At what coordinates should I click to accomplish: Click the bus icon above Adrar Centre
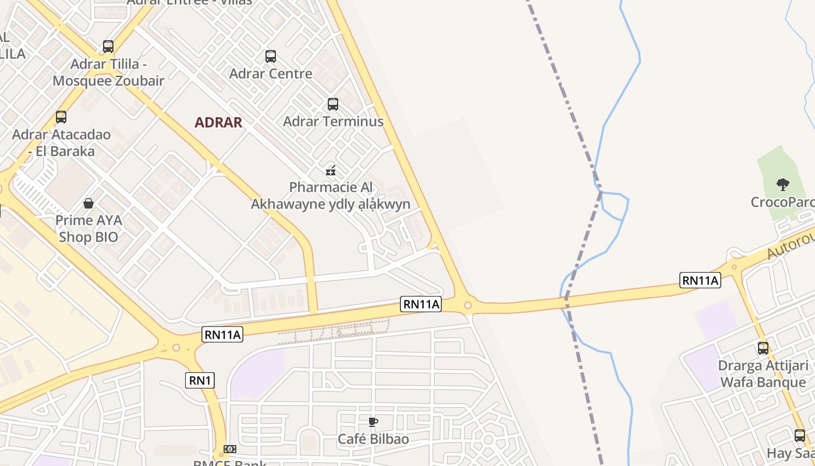click(271, 57)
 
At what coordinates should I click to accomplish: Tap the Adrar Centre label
click(271, 74)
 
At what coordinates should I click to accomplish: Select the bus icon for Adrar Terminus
click(333, 104)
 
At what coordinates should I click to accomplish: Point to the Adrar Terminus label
click(333, 121)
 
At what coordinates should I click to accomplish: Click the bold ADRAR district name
click(218, 122)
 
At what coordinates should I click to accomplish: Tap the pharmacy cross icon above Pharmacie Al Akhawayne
click(331, 171)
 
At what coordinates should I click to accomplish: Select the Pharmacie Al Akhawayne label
click(331, 196)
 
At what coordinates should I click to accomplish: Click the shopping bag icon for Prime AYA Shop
click(88, 203)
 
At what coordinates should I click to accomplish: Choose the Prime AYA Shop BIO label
click(88, 228)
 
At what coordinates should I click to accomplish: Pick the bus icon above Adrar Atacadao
click(61, 117)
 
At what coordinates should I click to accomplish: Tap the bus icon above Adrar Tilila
click(108, 47)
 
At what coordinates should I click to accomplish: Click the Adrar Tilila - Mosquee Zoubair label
click(108, 72)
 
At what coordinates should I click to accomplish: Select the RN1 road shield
click(200, 380)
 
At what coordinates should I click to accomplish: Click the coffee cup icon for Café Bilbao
click(373, 422)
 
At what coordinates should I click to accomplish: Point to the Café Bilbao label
click(373, 439)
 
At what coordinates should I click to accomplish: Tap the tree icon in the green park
click(783, 185)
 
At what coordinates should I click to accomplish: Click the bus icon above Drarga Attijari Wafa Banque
click(763, 348)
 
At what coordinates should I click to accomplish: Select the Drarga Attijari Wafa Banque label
click(763, 374)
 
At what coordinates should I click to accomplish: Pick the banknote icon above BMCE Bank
click(230, 449)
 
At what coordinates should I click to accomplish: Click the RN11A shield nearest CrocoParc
click(700, 280)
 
